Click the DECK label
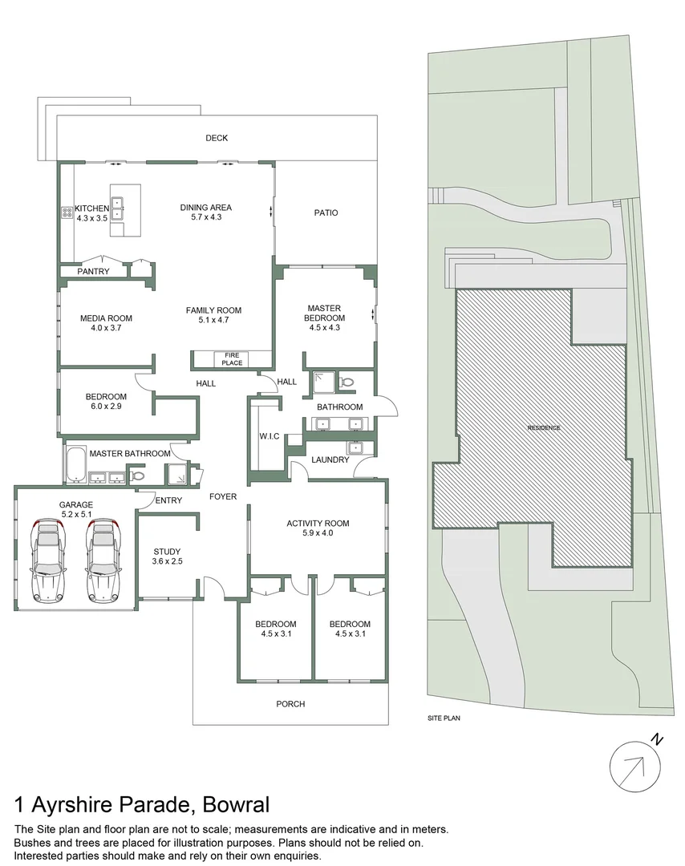pos(217,138)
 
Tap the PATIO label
pos(326,212)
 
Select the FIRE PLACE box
pos(232,359)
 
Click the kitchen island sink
pos(118,208)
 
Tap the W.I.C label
pos(269,436)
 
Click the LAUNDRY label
pos(330,459)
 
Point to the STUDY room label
pos(168,551)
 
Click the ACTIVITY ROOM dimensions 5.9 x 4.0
pos(318,533)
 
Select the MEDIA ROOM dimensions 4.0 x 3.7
pos(106,328)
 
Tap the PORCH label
pos(290,704)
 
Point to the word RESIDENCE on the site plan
pos(544,427)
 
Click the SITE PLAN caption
pos(444,718)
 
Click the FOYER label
pos(223,496)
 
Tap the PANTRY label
pos(93,272)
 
